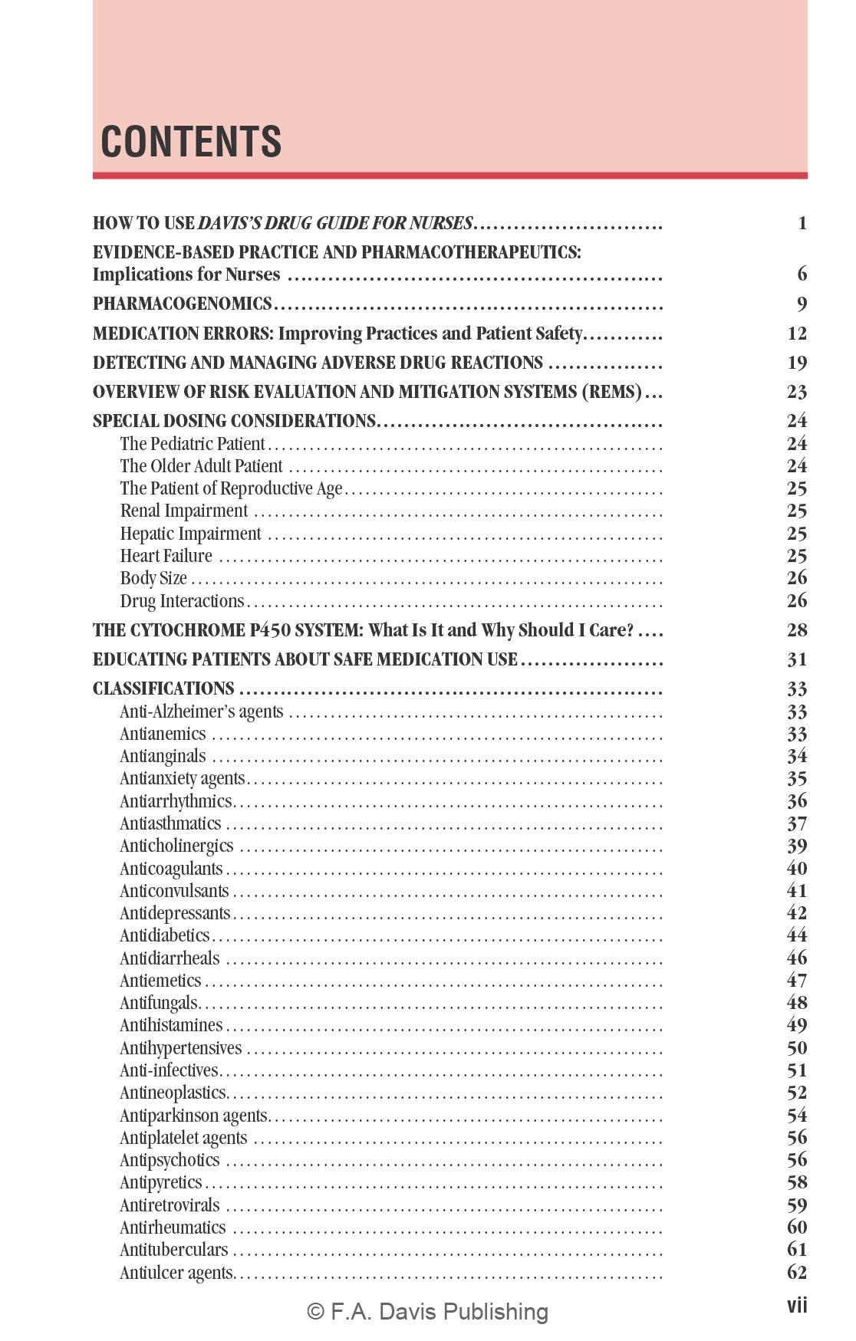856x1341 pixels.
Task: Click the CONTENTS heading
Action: [191, 142]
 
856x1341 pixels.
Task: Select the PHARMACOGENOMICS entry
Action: [183, 304]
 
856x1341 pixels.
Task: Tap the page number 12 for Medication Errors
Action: [797, 334]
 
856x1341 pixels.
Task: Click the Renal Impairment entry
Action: [184, 511]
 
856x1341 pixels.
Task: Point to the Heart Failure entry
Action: [166, 556]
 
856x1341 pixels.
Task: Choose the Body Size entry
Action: [153, 578]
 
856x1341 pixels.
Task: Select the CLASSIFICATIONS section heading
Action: [163, 689]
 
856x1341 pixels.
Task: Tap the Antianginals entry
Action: [163, 757]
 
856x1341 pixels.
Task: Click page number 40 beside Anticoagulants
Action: [797, 869]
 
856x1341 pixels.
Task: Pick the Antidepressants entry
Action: [175, 913]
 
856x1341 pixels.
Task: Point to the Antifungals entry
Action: [159, 1003]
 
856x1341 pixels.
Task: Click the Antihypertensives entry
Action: [180, 1048]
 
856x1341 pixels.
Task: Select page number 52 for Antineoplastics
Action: [797, 1093]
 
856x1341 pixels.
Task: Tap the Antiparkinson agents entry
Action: [193, 1116]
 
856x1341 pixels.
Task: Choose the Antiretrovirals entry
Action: [170, 1205]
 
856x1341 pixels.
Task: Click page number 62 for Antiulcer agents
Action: [797, 1273]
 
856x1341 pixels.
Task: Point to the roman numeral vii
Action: [797, 1306]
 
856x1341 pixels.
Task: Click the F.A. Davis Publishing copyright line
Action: [427, 1312]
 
